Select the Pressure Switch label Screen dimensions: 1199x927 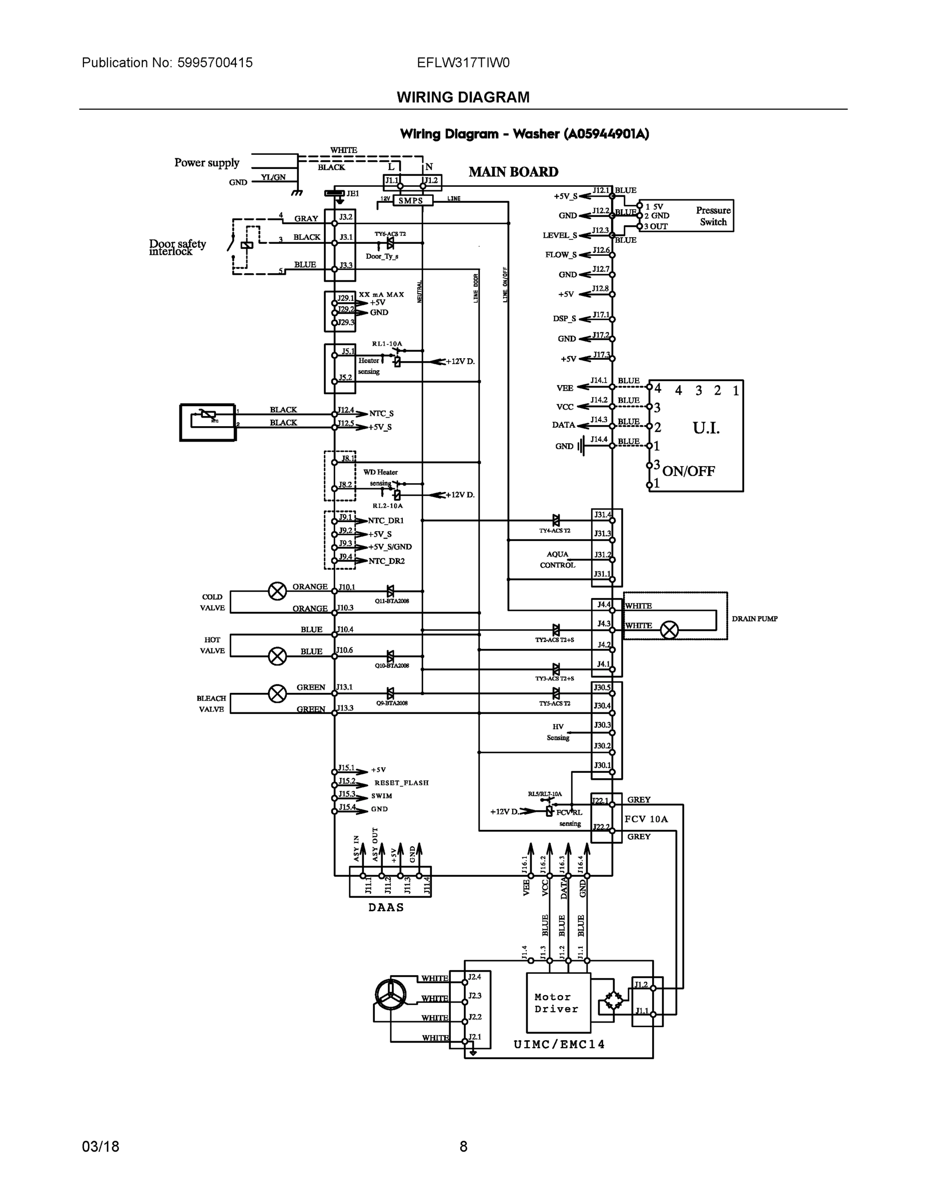pyautogui.click(x=713, y=216)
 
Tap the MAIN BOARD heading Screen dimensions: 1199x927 pyautogui.click(x=513, y=172)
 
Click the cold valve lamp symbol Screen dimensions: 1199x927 pyautogui.click(x=277, y=592)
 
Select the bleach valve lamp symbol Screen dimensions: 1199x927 pyautogui.click(x=277, y=694)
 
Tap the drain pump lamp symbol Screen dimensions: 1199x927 pyautogui.click(x=669, y=629)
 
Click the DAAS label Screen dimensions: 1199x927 pyautogui.click(x=386, y=907)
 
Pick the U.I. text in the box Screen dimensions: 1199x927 pyautogui.click(x=706, y=428)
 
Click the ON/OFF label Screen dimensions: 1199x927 pyautogui.click(x=689, y=471)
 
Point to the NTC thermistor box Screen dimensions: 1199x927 pyautogui.click(x=207, y=422)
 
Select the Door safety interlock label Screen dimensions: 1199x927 pyautogui.click(x=177, y=248)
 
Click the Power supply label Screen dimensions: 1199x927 pyautogui.click(x=207, y=162)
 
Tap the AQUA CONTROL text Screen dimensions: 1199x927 pyautogui.click(x=557, y=560)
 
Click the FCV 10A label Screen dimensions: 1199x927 pyautogui.click(x=646, y=819)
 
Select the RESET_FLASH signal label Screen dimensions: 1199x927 pyautogui.click(x=401, y=783)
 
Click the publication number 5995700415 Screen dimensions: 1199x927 pyautogui.click(x=215, y=62)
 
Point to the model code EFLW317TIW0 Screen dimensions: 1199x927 pyautogui.click(x=463, y=62)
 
